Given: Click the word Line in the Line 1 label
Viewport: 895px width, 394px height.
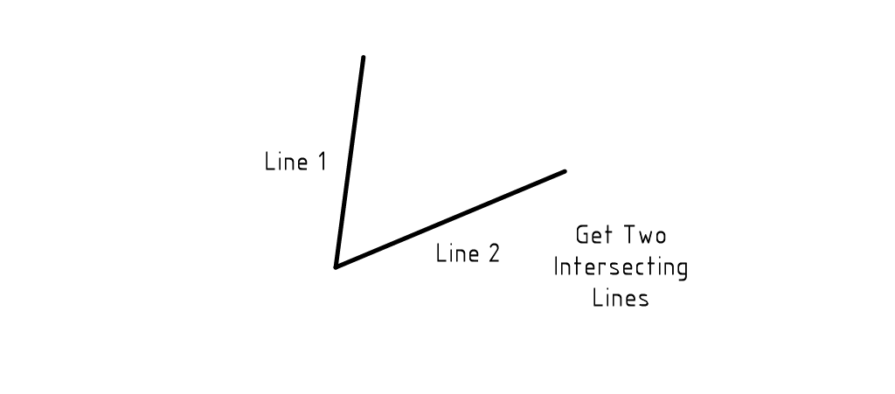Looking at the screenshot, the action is [x=285, y=162].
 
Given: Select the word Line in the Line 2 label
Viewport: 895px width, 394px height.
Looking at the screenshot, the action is [x=457, y=254].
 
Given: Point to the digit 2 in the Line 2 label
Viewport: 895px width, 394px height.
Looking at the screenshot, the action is [x=493, y=254].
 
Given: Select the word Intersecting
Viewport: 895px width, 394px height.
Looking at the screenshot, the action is [x=621, y=267].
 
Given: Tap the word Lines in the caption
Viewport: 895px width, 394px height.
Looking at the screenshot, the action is [x=621, y=297].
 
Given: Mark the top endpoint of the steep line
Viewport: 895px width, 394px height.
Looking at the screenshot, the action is [x=363, y=58].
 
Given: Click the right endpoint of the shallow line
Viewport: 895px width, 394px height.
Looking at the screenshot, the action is [x=565, y=171].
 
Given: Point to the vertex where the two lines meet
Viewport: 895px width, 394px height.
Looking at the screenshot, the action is [x=336, y=266].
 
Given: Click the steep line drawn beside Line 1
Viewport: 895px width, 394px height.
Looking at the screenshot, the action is [x=350, y=162].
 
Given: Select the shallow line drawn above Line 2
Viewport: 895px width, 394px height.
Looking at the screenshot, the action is [x=450, y=218].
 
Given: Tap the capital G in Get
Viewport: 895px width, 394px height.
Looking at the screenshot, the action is [x=582, y=235].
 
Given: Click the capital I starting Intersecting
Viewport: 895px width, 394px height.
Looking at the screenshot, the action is [x=556, y=266].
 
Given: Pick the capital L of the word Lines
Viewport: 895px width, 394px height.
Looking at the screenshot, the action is [x=598, y=297].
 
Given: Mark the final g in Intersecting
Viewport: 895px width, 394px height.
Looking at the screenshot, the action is [x=682, y=269].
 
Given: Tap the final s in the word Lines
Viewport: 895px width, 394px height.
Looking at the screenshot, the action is [x=643, y=299].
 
